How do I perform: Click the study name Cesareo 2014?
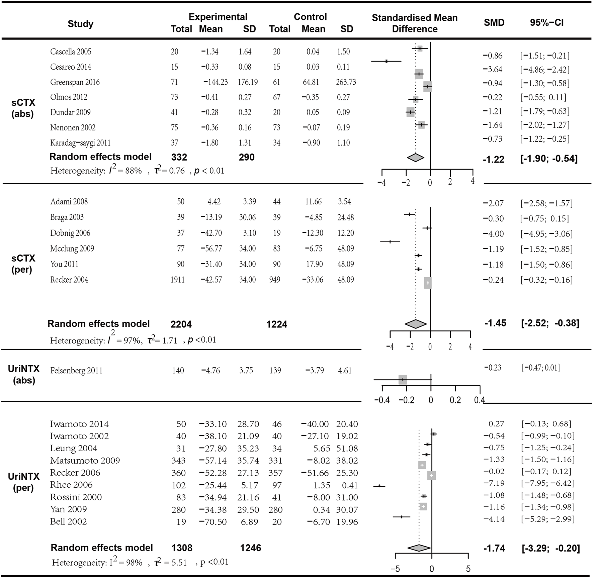tap(71, 67)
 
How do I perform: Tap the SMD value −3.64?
tap(493, 70)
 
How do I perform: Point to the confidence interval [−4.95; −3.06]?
tap(546, 234)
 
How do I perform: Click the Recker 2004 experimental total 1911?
tap(177, 280)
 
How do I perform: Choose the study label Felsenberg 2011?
tap(76, 371)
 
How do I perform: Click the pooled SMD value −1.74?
tap(494, 549)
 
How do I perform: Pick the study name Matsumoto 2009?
tap(85, 461)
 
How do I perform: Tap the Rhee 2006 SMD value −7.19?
tap(494, 483)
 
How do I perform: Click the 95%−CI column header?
tap(546, 23)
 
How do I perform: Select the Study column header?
tap(80, 24)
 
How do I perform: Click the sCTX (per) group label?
tap(23, 264)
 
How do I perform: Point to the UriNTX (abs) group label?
tap(24, 374)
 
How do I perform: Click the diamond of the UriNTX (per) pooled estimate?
tap(419, 548)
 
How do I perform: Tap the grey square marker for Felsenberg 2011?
tap(403, 380)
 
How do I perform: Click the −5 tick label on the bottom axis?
tap(395, 569)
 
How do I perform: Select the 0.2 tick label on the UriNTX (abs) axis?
tap(455, 400)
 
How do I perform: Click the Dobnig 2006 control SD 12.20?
tap(346, 233)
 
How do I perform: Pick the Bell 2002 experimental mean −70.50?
tap(213, 522)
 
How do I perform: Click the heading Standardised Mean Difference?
tap(415, 23)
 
